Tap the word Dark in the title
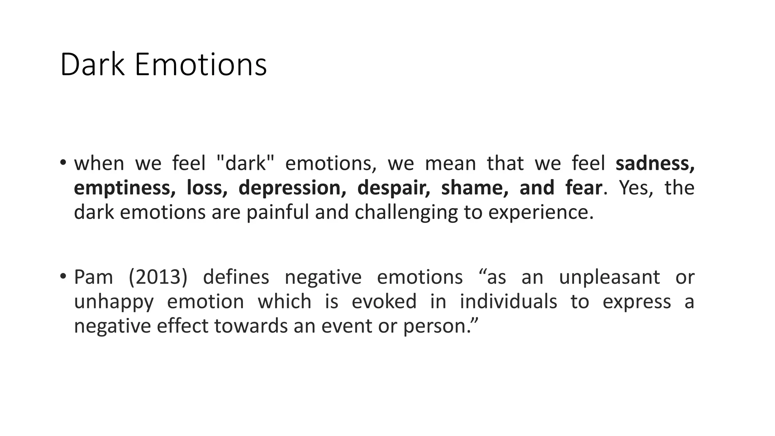pos(92,65)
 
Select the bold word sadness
pos(655,163)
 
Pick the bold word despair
pos(394,188)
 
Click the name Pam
pos(93,277)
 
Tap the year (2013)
pos(158,277)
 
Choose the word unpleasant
pos(609,277)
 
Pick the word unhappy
pos(114,302)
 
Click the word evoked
pos(384,302)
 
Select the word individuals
pos(508,302)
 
